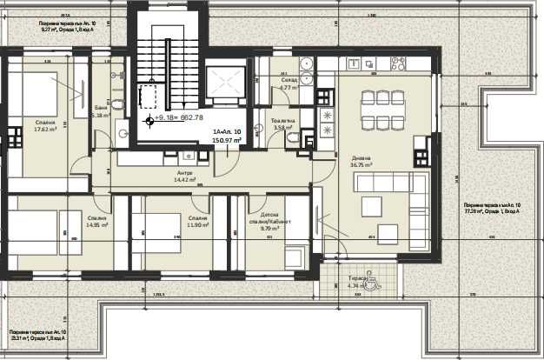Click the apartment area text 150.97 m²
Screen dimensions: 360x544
pos(225,137)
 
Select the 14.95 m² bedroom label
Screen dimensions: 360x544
pos(96,221)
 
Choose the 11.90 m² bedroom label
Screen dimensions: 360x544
pos(196,221)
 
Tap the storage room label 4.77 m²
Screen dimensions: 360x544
pos(289,83)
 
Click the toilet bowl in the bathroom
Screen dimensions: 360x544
pos(118,103)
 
